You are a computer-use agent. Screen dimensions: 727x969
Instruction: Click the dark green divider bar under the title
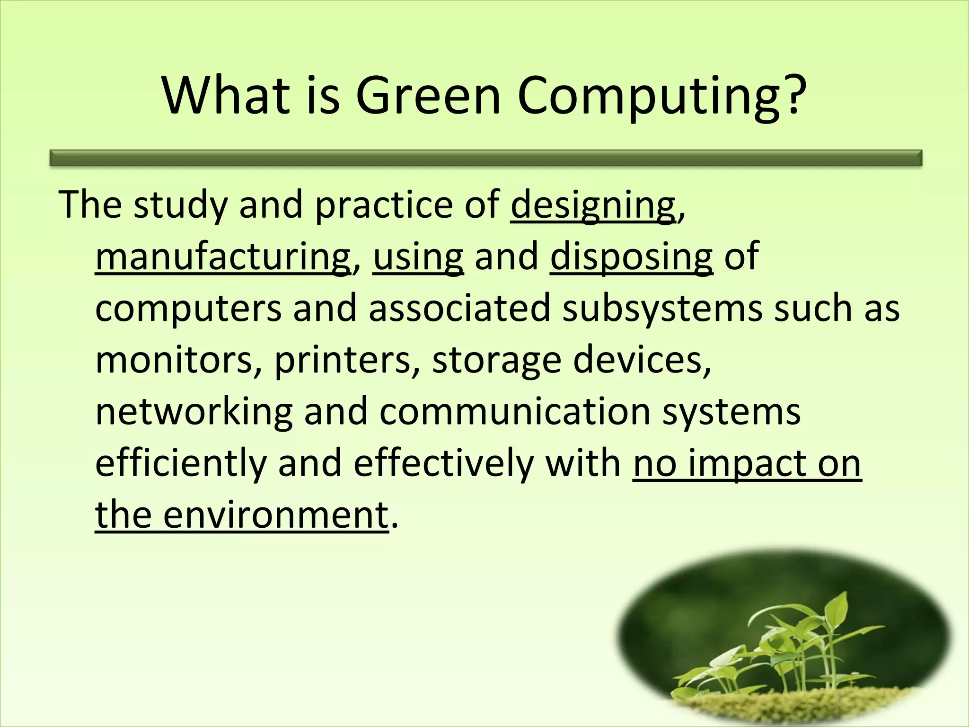click(x=486, y=158)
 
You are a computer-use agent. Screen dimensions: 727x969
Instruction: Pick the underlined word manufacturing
click(x=222, y=258)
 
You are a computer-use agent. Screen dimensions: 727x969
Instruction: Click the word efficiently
click(x=181, y=464)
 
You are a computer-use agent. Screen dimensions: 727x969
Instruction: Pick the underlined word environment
click(x=275, y=515)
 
